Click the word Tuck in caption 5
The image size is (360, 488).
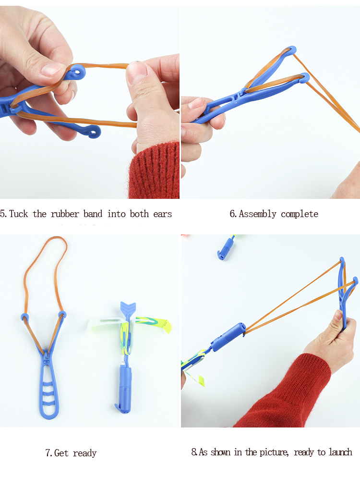tap(19, 214)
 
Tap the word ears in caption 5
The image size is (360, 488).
tap(162, 214)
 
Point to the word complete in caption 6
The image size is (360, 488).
tap(300, 214)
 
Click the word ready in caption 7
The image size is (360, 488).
tap(85, 453)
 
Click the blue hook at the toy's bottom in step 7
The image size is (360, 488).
tap(118, 408)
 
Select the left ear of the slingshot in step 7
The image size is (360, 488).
tap(24, 317)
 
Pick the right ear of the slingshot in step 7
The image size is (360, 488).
tap(62, 315)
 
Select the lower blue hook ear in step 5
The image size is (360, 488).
tap(92, 131)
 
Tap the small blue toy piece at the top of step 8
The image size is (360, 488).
tap(222, 250)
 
